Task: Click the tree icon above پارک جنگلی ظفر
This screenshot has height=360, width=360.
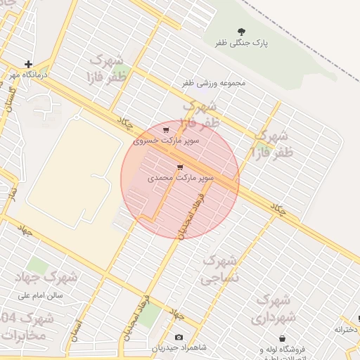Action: [242, 32]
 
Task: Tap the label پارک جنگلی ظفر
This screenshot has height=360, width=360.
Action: [242, 44]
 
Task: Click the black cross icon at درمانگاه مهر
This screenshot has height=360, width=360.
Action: [28, 64]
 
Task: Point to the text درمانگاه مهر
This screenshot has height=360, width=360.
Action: [28, 74]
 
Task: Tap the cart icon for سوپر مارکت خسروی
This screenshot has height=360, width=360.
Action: [165, 130]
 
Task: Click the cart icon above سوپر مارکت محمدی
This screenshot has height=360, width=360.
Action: [181, 167]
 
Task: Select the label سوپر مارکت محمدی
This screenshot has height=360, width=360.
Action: [181, 178]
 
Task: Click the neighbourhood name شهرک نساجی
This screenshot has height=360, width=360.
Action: [221, 269]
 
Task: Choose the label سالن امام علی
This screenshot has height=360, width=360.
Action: [40, 295]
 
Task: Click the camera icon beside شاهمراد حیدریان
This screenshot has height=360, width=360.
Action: [179, 338]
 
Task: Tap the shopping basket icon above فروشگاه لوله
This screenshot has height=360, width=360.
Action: [282, 338]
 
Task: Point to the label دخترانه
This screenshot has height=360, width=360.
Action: [347, 329]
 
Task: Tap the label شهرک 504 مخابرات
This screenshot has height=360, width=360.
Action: [25, 326]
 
